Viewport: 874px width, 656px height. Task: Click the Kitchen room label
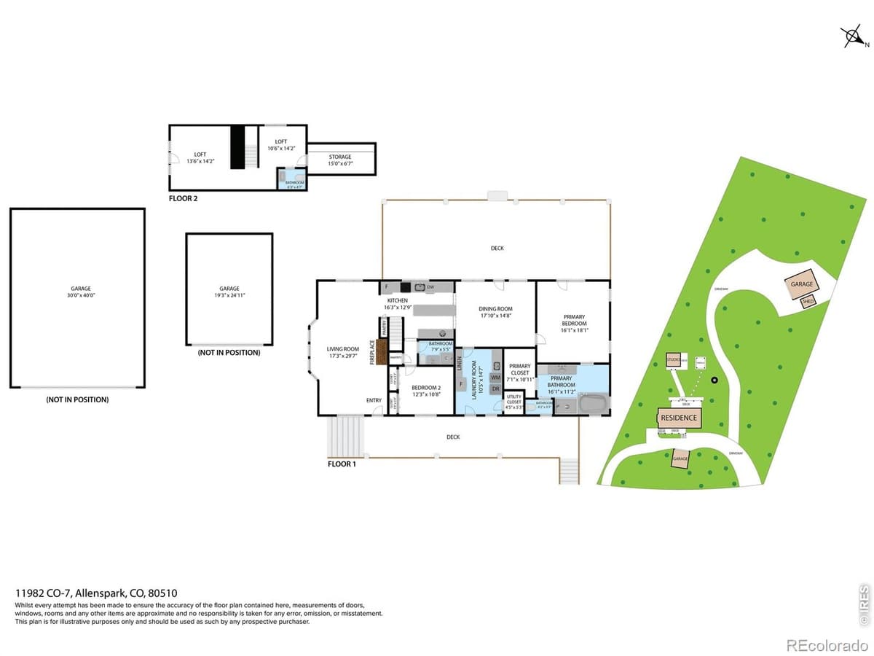pos(397,300)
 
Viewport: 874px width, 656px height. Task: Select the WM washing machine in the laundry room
pos(495,378)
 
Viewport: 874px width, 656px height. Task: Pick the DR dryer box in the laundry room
pos(495,389)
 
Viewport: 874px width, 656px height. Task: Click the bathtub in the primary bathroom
pos(586,403)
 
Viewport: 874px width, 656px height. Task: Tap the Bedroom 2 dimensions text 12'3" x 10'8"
pos(426,394)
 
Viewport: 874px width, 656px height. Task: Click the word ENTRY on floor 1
pos(374,400)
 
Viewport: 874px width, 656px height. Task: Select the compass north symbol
pos(850,36)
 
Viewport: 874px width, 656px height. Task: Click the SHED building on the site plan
pos(808,301)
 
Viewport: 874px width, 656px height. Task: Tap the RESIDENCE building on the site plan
pos(679,418)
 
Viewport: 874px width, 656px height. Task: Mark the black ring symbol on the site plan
pos(714,380)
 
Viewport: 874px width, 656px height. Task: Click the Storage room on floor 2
pos(340,160)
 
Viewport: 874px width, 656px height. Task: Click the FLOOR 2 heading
pos(183,198)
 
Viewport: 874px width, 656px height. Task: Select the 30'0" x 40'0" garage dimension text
pos(76,295)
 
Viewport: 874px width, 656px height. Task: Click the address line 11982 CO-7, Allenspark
pos(97,593)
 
